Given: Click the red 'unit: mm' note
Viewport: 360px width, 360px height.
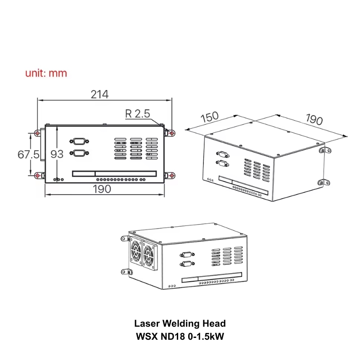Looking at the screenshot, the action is pyautogui.click(x=46, y=73).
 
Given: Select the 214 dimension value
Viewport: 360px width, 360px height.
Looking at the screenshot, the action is pyautogui.click(x=99, y=94).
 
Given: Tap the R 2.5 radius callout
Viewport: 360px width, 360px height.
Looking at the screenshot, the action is pyautogui.click(x=137, y=114).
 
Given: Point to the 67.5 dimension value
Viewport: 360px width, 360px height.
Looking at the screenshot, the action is pyautogui.click(x=28, y=154).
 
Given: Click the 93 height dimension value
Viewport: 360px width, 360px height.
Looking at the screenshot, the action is pyautogui.click(x=57, y=154).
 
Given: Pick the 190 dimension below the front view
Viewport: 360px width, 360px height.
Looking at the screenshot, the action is pyautogui.click(x=102, y=189).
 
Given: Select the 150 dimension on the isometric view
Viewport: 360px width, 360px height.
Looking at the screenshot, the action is pyautogui.click(x=209, y=117).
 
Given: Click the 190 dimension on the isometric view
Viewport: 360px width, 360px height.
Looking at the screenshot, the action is pyautogui.click(x=314, y=119).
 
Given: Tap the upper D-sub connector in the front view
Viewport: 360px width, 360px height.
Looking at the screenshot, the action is pyautogui.click(x=79, y=141).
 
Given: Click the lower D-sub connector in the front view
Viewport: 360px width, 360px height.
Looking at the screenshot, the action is pyautogui.click(x=79, y=153).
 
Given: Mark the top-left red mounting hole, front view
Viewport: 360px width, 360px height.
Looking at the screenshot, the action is pyautogui.click(x=37, y=133).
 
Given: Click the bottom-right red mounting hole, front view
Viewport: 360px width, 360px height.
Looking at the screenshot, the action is pyautogui.click(x=172, y=175).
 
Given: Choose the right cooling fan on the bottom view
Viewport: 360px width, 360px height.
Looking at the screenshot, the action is pyautogui.click(x=149, y=255).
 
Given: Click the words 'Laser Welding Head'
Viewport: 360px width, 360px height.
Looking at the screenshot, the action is pyautogui.click(x=180, y=323).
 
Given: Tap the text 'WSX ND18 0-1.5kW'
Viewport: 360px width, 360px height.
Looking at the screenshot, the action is pyautogui.click(x=180, y=336).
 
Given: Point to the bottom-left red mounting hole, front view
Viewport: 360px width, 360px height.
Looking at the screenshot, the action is pyautogui.click(x=37, y=175).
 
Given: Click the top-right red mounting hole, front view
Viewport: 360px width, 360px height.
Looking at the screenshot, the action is pyautogui.click(x=172, y=133).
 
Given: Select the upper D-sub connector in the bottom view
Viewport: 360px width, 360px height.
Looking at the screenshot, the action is pyautogui.click(x=187, y=255).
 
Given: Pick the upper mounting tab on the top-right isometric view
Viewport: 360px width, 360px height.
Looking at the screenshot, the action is pyautogui.click(x=325, y=150).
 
